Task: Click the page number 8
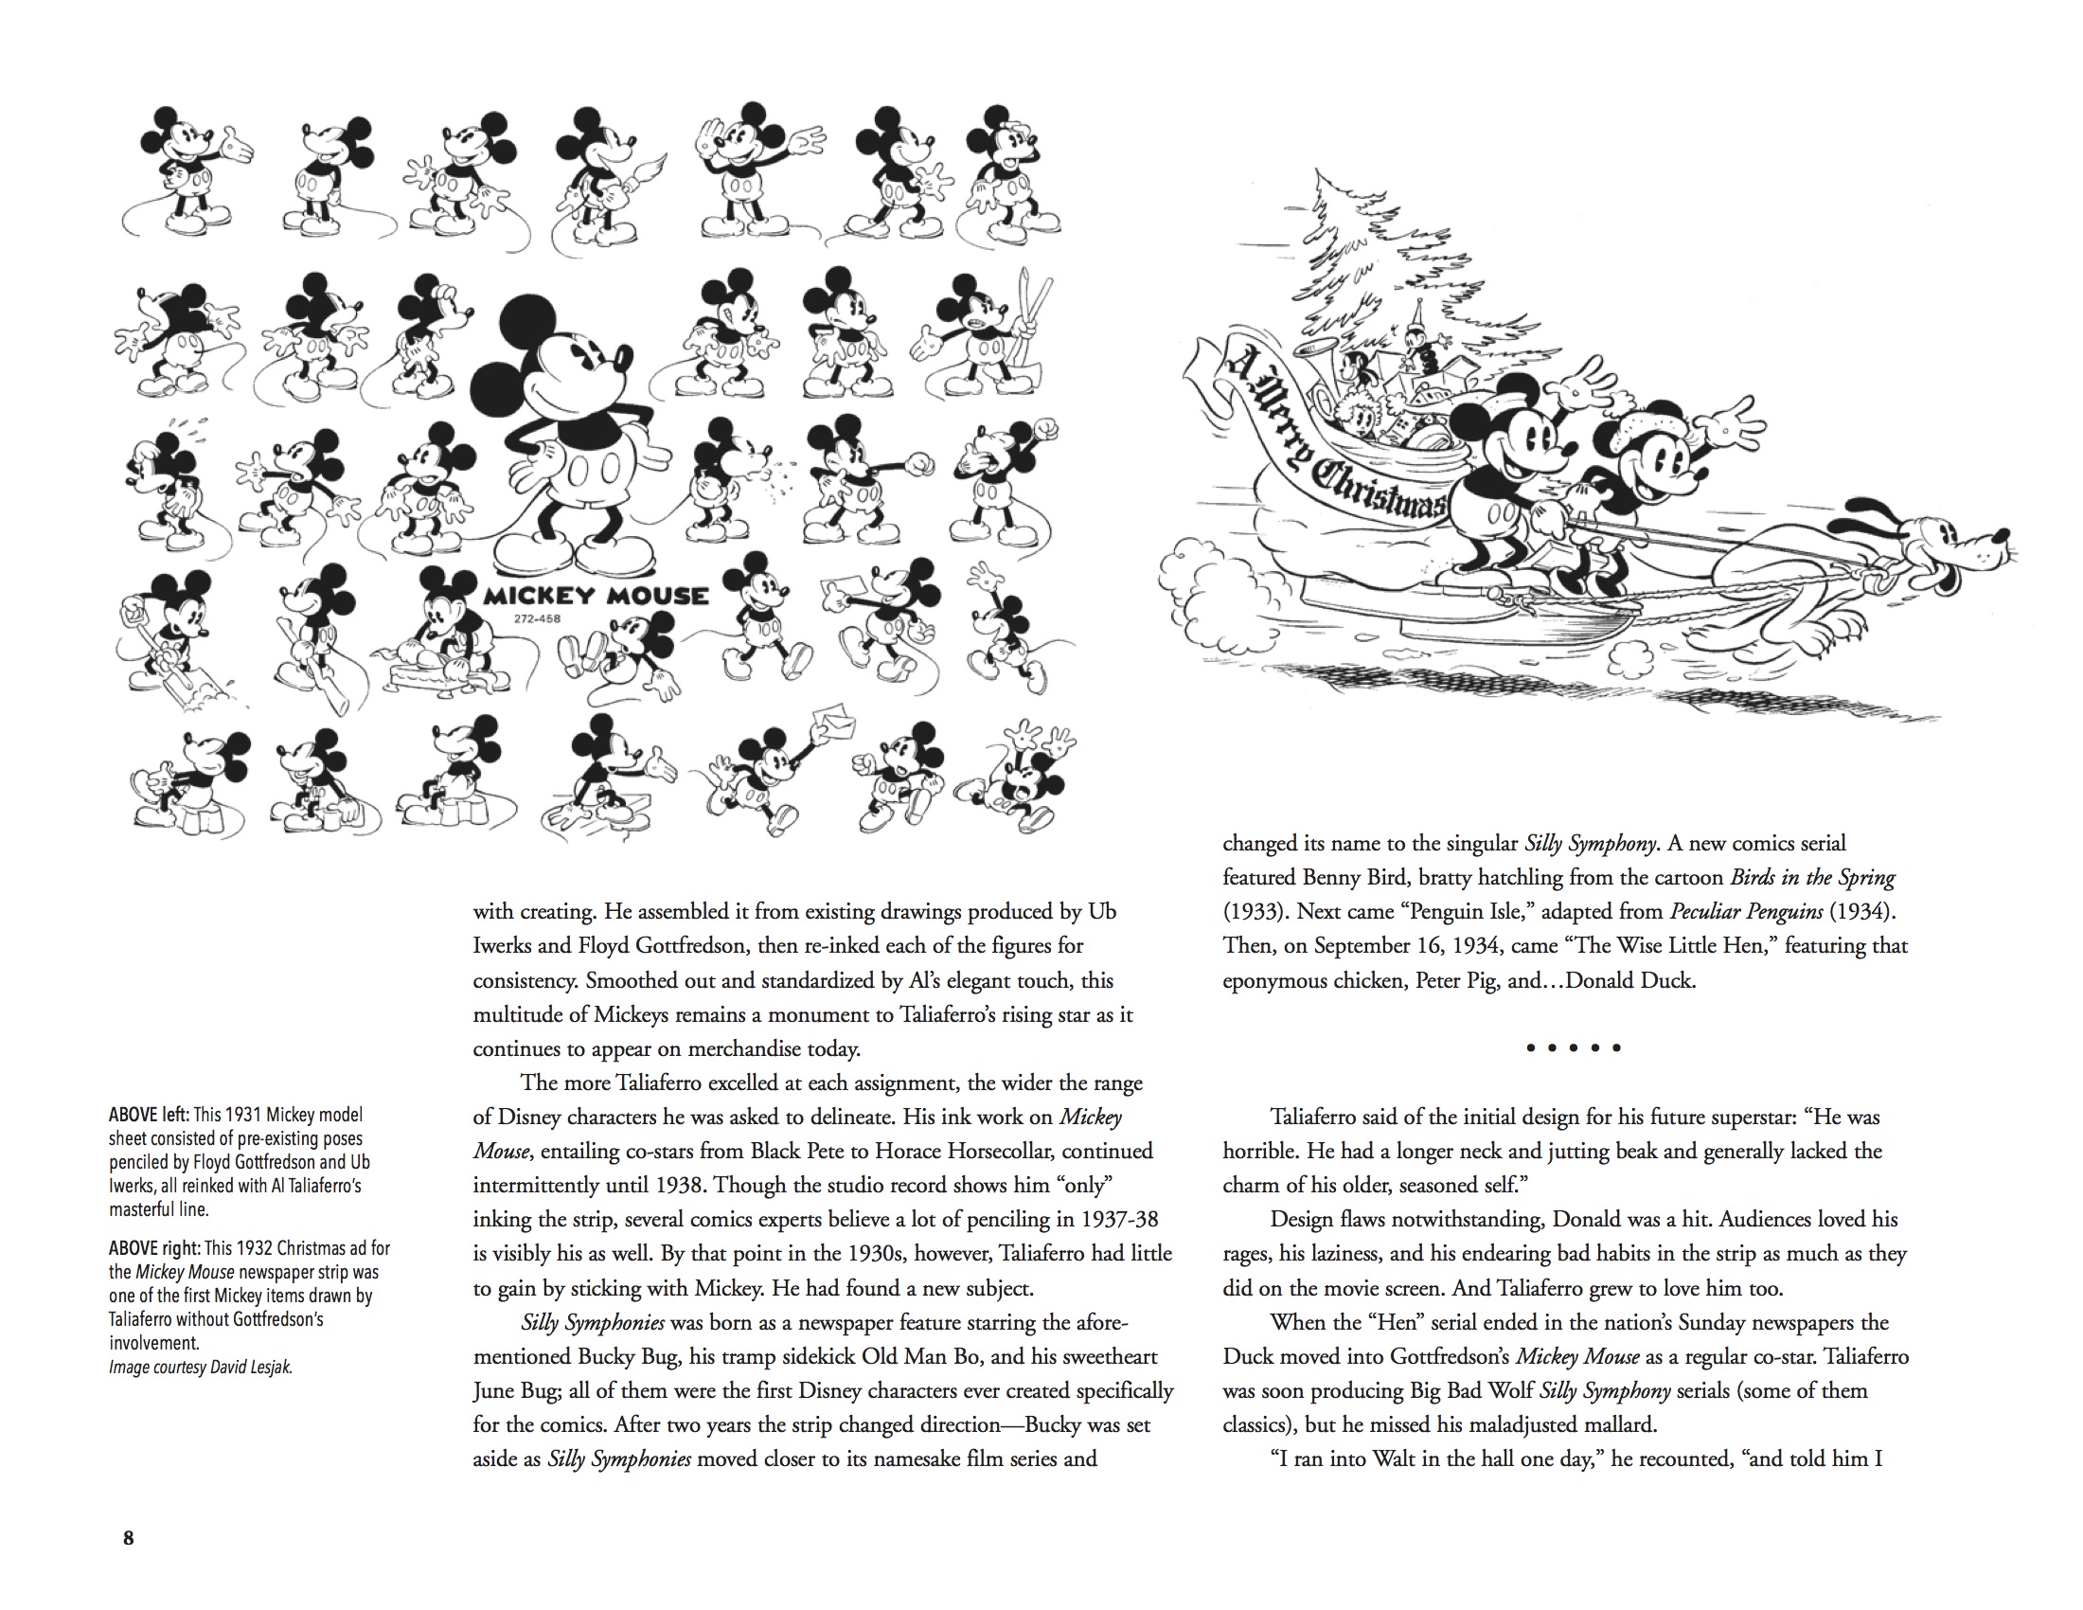129,1537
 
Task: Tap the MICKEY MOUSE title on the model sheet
596,597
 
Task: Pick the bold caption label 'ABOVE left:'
149,1115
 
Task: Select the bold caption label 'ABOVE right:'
154,1248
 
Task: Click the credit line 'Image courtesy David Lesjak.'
201,1367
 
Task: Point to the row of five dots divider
1573,1048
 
